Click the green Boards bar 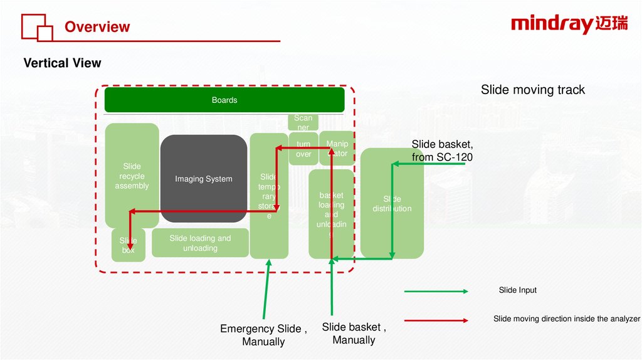point(224,100)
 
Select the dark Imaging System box point(203,179)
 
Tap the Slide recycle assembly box point(132,176)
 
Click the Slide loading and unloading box point(200,243)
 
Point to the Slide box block point(128,245)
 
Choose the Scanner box point(303,122)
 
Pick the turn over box point(303,149)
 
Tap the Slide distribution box point(392,204)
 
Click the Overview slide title point(97,27)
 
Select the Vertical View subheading point(62,63)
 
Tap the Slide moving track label point(532,90)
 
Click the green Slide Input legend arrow point(436,291)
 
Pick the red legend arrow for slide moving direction point(436,320)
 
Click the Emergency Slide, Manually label point(263,335)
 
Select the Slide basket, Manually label point(354,334)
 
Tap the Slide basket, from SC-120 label point(441,151)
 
